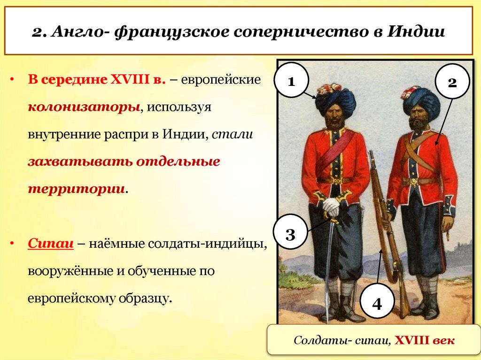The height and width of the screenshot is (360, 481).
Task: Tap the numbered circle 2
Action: pyautogui.click(x=452, y=82)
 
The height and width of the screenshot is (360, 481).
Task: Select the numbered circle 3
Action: pyautogui.click(x=290, y=233)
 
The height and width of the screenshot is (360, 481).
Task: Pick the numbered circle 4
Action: pyautogui.click(x=377, y=303)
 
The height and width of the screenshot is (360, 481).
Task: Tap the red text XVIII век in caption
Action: pyautogui.click(x=424, y=340)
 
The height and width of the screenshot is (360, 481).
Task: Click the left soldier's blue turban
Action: pyautogui.click(x=335, y=100)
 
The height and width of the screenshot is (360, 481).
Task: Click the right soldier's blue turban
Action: pyautogui.click(x=421, y=100)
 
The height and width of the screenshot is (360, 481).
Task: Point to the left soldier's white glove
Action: pyautogui.click(x=332, y=206)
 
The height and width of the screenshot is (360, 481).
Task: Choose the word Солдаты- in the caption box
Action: pyautogui.click(x=320, y=340)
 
